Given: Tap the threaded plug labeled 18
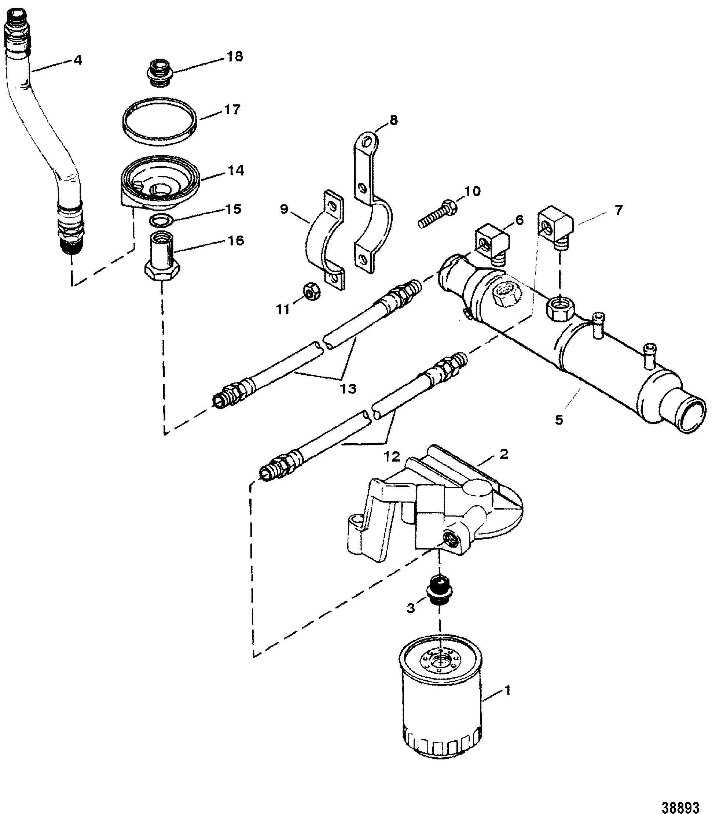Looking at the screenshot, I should [x=161, y=73].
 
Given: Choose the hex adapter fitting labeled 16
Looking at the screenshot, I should [x=162, y=258].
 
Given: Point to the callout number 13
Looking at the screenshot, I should [x=348, y=389].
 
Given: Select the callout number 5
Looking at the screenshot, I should [x=559, y=420].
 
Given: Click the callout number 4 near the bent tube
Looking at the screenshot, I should [x=77, y=60].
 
